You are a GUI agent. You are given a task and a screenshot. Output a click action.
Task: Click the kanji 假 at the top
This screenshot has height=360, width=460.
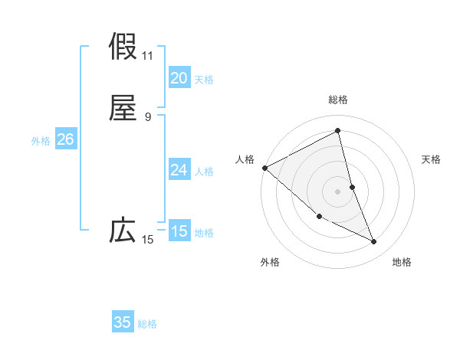point(123,47)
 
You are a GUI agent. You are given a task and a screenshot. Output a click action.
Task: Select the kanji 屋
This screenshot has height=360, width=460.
point(123,109)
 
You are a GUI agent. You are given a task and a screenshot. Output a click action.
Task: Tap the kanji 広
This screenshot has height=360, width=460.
point(123,231)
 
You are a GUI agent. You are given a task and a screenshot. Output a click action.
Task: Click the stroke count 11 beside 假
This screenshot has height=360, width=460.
point(148,55)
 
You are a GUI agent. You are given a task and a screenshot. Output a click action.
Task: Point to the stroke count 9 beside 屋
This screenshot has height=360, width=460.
point(148,117)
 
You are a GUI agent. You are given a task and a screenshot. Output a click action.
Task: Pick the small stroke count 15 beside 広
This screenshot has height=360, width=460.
point(148,240)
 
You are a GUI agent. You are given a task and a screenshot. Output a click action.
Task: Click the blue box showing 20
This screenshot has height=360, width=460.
point(179,77)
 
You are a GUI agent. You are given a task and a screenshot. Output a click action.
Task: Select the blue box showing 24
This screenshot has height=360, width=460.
point(179,170)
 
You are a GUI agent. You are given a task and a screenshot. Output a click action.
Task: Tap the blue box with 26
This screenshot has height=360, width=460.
point(65,139)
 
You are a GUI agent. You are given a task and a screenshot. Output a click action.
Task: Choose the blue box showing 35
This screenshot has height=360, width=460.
point(123,322)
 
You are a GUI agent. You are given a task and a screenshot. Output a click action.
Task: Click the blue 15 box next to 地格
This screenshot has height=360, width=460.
point(179,231)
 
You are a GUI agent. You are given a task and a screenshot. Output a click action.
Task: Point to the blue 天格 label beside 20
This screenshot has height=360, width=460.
point(204,80)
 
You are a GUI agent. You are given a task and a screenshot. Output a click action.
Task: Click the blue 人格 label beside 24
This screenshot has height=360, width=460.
point(204,172)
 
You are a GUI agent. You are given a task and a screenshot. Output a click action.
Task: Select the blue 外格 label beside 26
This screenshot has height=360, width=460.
point(41,141)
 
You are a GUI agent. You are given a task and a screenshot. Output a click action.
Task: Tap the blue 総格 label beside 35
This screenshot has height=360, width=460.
point(147,324)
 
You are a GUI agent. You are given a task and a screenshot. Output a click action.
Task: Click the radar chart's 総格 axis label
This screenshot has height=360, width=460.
point(338,100)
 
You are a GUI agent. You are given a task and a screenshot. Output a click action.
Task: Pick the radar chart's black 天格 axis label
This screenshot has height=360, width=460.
point(432,159)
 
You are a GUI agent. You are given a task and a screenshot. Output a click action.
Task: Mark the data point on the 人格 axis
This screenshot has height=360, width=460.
point(264,168)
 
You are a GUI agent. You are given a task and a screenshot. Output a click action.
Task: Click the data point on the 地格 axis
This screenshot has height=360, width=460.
point(374,242)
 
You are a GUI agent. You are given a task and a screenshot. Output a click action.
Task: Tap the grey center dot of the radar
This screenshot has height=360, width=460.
point(338,191)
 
